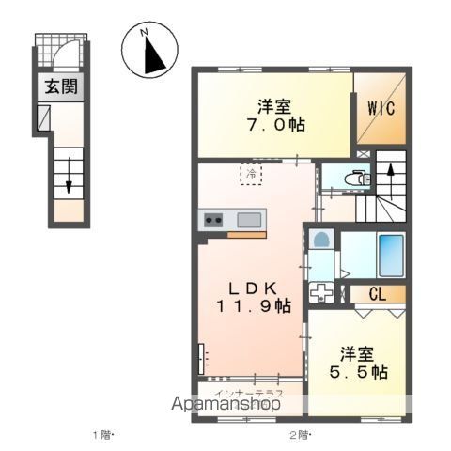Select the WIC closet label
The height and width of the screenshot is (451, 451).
point(380,107)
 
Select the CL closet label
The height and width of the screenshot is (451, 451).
point(377,294)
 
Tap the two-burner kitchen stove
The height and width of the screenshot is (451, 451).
point(213,220)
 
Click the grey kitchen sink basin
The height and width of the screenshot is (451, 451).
point(249,220)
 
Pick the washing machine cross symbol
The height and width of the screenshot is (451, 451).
point(321,291)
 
